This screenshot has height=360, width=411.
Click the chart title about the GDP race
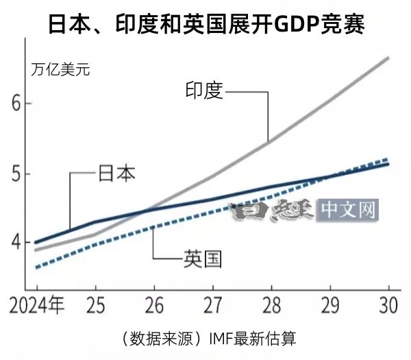click(206, 25)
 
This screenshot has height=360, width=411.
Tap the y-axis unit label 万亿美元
click(60, 69)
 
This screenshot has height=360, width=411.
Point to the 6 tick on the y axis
click(18, 104)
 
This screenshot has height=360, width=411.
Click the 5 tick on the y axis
click(18, 173)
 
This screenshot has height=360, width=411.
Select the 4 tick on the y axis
click(18, 243)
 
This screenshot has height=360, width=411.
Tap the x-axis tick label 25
click(95, 305)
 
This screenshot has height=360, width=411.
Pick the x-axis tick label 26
click(154, 305)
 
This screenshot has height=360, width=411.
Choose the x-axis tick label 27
click(213, 305)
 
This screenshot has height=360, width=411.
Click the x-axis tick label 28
click(272, 305)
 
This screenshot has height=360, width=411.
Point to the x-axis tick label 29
click(331, 305)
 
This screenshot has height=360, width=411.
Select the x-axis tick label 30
click(388, 305)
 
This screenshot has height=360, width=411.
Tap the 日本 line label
click(116, 172)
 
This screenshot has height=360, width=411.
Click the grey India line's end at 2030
click(388, 58)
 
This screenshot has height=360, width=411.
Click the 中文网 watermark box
click(350, 209)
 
